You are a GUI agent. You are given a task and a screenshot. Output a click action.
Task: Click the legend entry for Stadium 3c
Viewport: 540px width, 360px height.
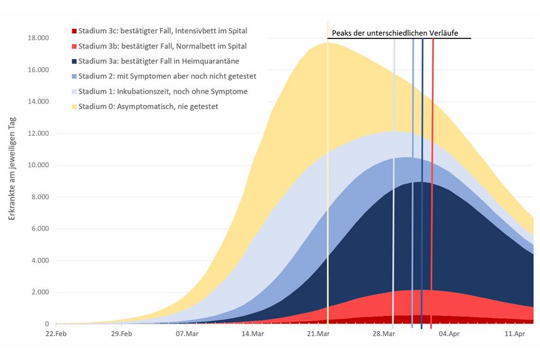[162, 31]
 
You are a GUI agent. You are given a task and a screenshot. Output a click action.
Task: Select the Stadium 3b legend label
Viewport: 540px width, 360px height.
[162, 46]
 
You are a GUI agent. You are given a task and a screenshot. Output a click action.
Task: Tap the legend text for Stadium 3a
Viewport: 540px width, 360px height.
[158, 61]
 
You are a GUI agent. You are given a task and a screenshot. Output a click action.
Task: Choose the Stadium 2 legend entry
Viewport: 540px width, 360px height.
[167, 76]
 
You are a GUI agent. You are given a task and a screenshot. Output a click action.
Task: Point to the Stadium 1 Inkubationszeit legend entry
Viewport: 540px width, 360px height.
[163, 91]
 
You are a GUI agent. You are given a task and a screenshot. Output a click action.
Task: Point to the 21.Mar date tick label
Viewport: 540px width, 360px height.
[318, 334]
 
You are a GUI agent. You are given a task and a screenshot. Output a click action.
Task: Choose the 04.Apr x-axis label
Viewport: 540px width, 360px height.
[449, 334]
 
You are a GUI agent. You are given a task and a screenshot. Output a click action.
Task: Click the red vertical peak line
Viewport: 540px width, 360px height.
[432, 188]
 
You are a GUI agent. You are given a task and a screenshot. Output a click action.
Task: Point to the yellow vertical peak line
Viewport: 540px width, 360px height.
[327, 188]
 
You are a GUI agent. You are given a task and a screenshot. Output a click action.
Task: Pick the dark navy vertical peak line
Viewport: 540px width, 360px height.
[422, 188]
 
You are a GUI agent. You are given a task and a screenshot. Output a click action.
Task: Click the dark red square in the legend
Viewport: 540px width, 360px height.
[74, 31]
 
